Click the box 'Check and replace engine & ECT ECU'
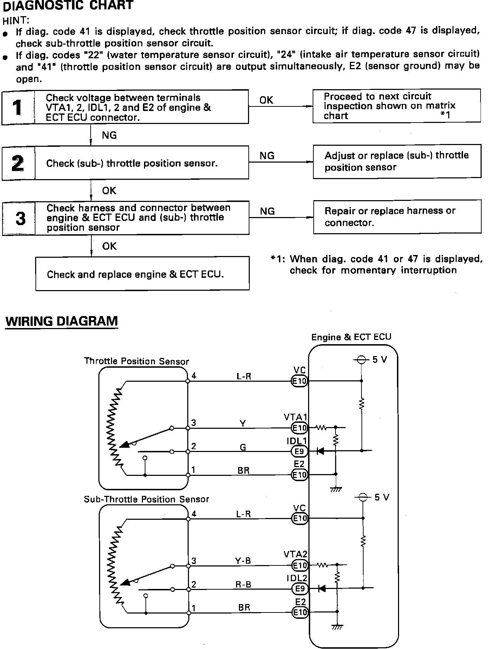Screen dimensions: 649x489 [x=142, y=274]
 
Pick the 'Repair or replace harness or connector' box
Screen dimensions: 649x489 [x=397, y=217]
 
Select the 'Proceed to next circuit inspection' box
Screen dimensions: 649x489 [x=396, y=106]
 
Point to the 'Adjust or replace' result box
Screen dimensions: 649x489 [x=397, y=161]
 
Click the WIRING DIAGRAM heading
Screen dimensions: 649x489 [x=62, y=321]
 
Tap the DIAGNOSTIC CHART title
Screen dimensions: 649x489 [x=68, y=6]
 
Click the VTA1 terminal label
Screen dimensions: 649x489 [x=295, y=417]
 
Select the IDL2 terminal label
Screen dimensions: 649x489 [x=296, y=578]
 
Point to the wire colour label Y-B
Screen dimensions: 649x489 [x=243, y=561]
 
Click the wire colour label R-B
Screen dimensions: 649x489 [x=243, y=585]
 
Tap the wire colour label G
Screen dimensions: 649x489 [x=243, y=447]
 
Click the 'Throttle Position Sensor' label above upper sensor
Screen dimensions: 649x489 [x=136, y=361]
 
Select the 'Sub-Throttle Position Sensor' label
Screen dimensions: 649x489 [x=146, y=499]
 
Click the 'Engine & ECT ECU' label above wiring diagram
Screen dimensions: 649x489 [x=351, y=337]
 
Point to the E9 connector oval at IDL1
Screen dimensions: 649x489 [x=299, y=451]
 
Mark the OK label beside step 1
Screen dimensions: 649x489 [x=266, y=100]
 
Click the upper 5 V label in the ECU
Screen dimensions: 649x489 [x=379, y=360]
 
